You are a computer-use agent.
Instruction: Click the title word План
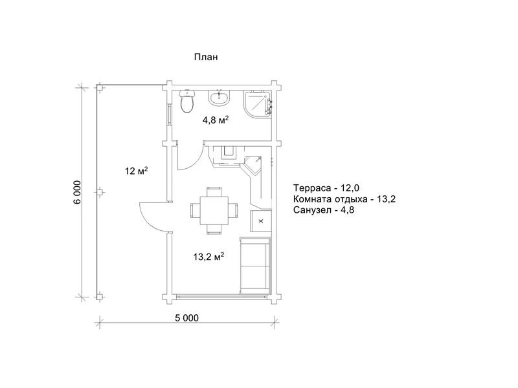206,57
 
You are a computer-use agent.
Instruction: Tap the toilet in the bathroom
187,101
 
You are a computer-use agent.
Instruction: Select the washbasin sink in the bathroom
218,98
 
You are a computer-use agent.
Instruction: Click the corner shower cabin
258,104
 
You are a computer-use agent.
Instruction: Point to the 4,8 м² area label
216,120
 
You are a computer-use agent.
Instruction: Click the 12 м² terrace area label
136,171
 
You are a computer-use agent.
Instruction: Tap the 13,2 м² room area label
208,256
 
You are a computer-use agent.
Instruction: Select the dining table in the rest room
214,210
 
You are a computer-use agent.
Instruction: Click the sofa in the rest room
255,265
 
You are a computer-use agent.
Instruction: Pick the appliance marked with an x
261,221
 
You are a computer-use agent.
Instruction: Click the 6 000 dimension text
77,192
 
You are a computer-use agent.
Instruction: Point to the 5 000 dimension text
187,318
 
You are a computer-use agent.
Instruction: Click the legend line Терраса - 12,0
326,188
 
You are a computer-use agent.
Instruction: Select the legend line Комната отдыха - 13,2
344,199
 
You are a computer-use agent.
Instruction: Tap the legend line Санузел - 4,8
323,210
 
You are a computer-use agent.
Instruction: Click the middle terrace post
99,191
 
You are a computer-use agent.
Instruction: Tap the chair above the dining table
214,191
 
